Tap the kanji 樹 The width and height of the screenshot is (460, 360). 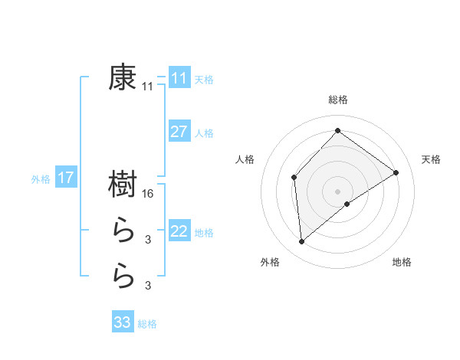point(123,185)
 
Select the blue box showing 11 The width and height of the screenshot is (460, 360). point(179,78)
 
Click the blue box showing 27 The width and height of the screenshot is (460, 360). point(179,131)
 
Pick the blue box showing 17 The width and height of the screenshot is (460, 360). point(65,178)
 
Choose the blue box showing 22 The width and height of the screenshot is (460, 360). point(179,231)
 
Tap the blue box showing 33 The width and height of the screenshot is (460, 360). point(123,322)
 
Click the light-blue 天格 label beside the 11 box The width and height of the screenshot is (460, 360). point(203,79)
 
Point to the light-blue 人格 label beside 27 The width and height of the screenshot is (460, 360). point(203,133)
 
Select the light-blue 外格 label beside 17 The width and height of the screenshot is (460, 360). point(40,179)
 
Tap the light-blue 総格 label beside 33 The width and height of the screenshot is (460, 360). point(147,323)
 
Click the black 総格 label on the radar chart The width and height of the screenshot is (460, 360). point(337,100)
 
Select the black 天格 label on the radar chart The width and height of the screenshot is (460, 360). point(431,159)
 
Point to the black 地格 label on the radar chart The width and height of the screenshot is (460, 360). point(402,262)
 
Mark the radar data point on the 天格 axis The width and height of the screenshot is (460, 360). point(396,172)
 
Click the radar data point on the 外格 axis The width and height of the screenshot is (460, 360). point(302,242)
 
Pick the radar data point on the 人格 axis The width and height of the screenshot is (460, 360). point(294,178)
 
